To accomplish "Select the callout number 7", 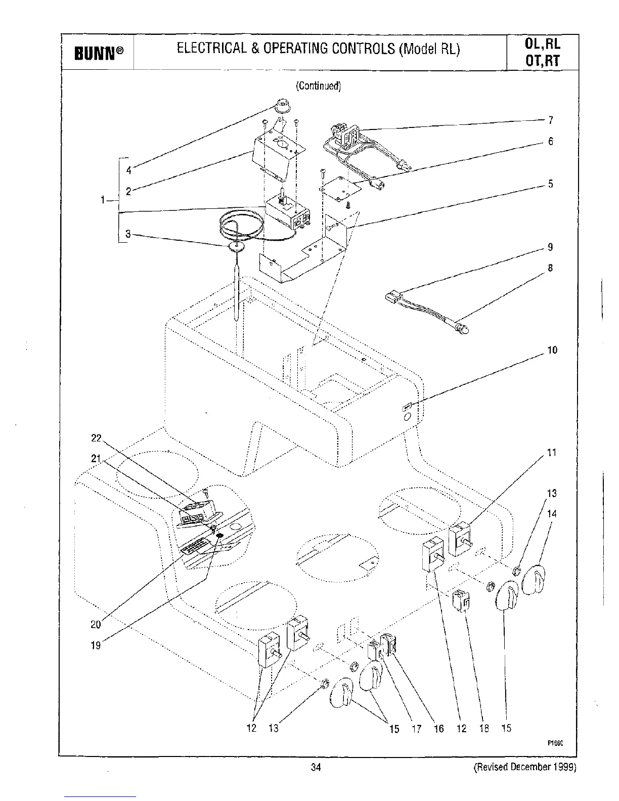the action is point(551,120).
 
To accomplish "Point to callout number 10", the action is point(552,350).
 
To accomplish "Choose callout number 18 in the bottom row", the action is point(484,728).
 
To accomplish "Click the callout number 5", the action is point(551,184).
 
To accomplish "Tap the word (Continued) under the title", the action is point(319,86).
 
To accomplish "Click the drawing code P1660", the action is point(555,743).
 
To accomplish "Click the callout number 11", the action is point(552,453).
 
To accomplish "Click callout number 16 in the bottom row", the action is point(438,728).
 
